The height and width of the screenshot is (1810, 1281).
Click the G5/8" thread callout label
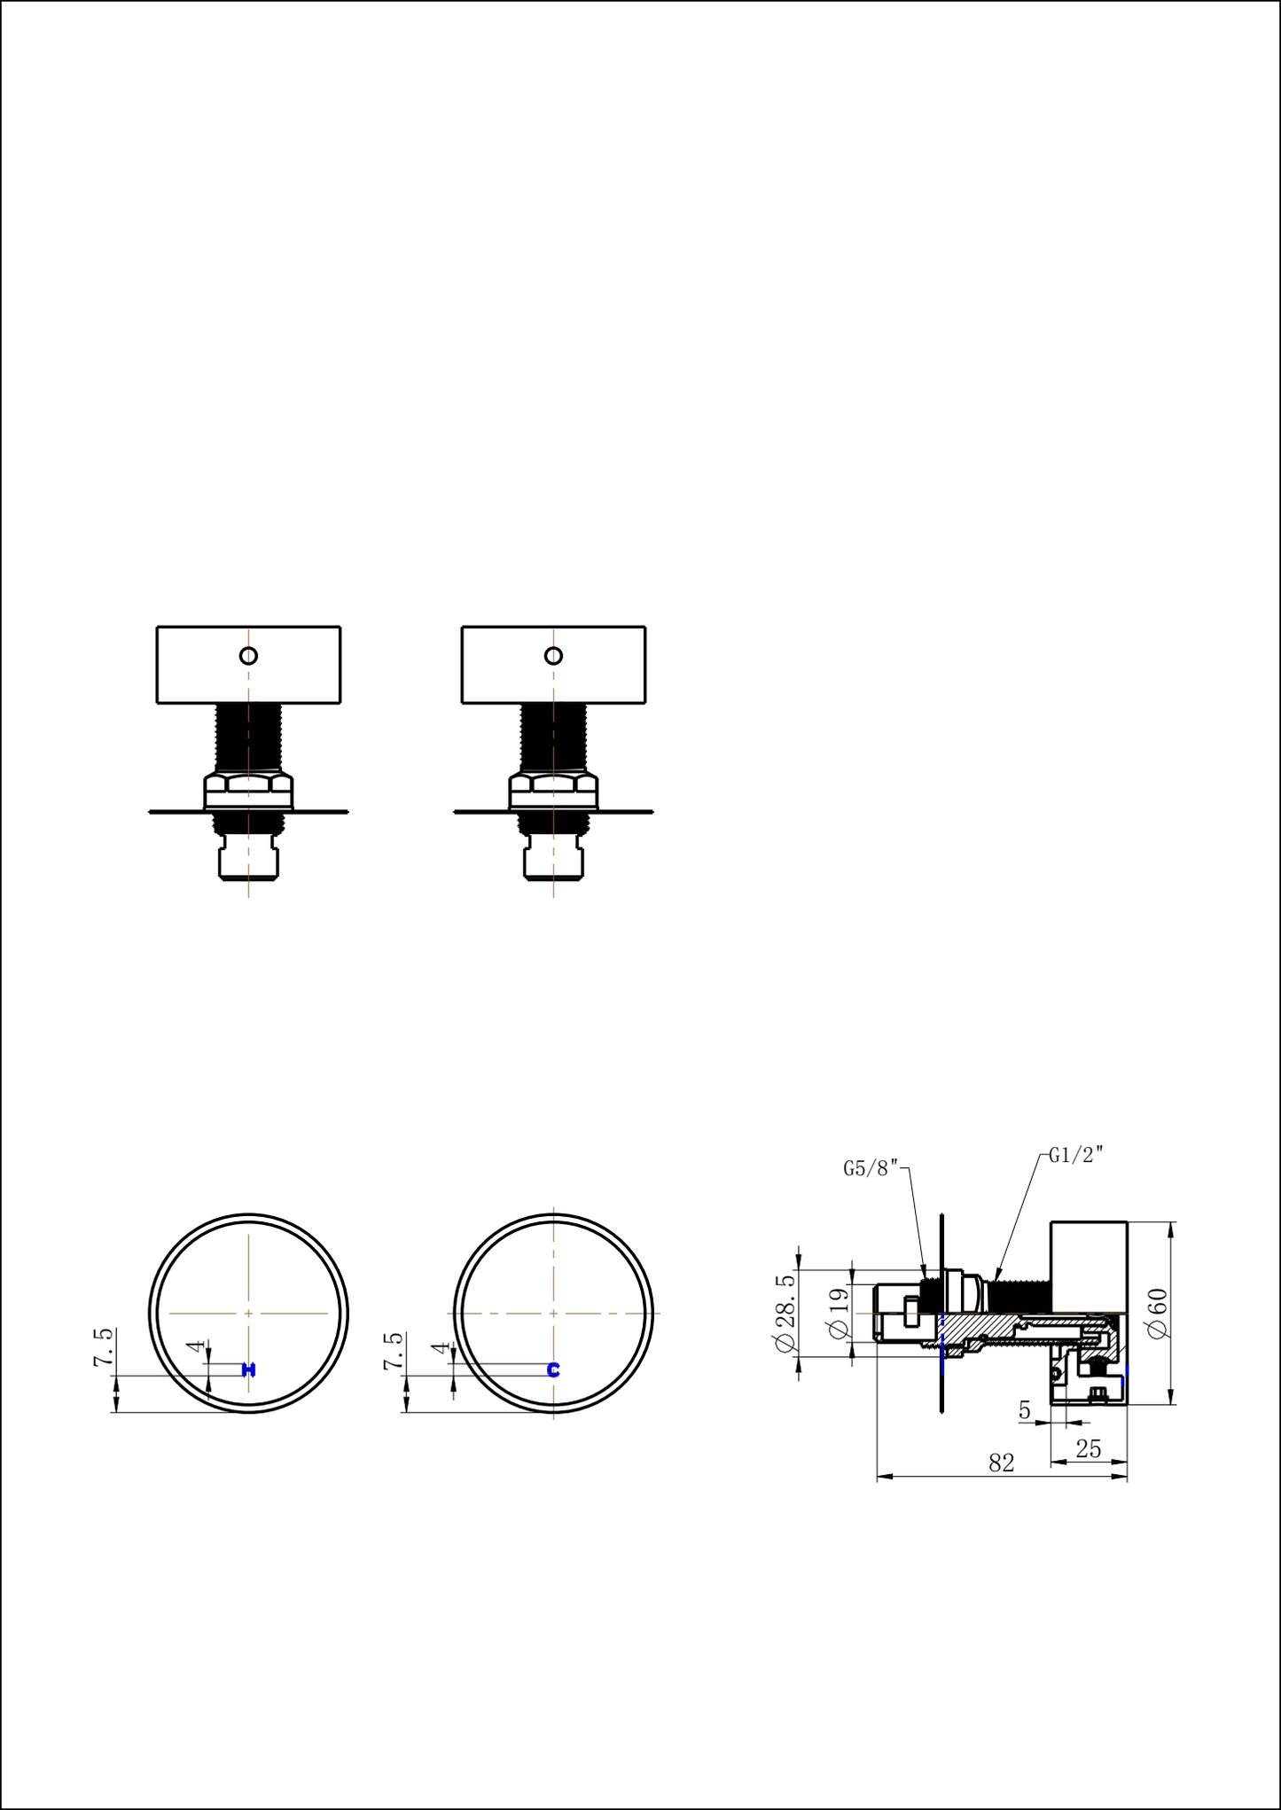(871, 1168)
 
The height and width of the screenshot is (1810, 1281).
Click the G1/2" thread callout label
(1075, 1155)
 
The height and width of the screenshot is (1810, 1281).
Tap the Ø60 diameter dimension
(1157, 1313)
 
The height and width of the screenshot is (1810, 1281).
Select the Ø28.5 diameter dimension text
(785, 1313)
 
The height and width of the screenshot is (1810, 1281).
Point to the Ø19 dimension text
(838, 1313)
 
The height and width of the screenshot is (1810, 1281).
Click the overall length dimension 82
(1001, 1463)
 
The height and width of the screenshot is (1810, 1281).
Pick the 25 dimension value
(1088, 1448)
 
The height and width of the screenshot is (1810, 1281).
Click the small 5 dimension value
(1025, 1410)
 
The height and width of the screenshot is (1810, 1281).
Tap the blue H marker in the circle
(249, 1370)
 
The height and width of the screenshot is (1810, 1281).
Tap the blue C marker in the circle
(553, 1370)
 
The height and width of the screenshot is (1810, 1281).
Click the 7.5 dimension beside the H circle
(104, 1347)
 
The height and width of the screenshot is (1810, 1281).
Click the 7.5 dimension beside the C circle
(394, 1350)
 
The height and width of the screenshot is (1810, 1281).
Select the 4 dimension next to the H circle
(195, 1346)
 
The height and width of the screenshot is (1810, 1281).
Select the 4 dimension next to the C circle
(441, 1348)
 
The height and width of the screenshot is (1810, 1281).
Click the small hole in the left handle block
(249, 656)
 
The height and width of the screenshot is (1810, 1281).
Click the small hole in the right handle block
(553, 656)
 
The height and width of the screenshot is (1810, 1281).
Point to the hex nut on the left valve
(249, 784)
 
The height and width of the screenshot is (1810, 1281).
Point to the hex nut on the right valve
(553, 784)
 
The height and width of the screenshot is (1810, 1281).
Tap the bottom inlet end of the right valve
(553, 863)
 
